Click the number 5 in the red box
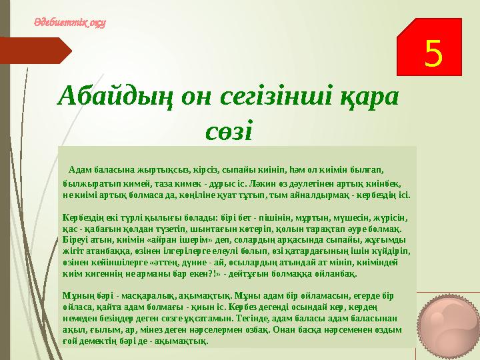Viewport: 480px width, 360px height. tap(433, 54)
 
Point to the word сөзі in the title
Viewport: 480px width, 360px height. tap(229, 129)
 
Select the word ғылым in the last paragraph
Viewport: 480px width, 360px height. tap(95, 330)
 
